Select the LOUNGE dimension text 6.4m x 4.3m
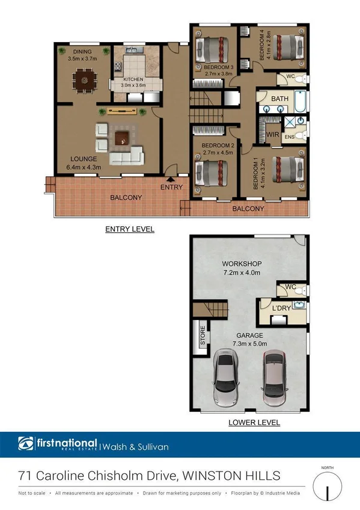click(84, 167)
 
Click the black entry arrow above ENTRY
click(171, 178)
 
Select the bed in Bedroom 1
click(286, 169)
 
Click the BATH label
click(279, 99)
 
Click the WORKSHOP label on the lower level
click(242, 264)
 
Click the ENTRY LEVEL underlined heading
click(129, 229)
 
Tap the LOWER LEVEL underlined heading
click(254, 423)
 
